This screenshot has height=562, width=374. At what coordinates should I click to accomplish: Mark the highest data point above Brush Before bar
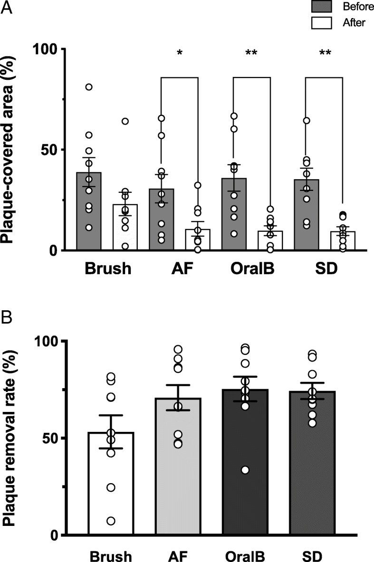(x=89, y=87)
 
